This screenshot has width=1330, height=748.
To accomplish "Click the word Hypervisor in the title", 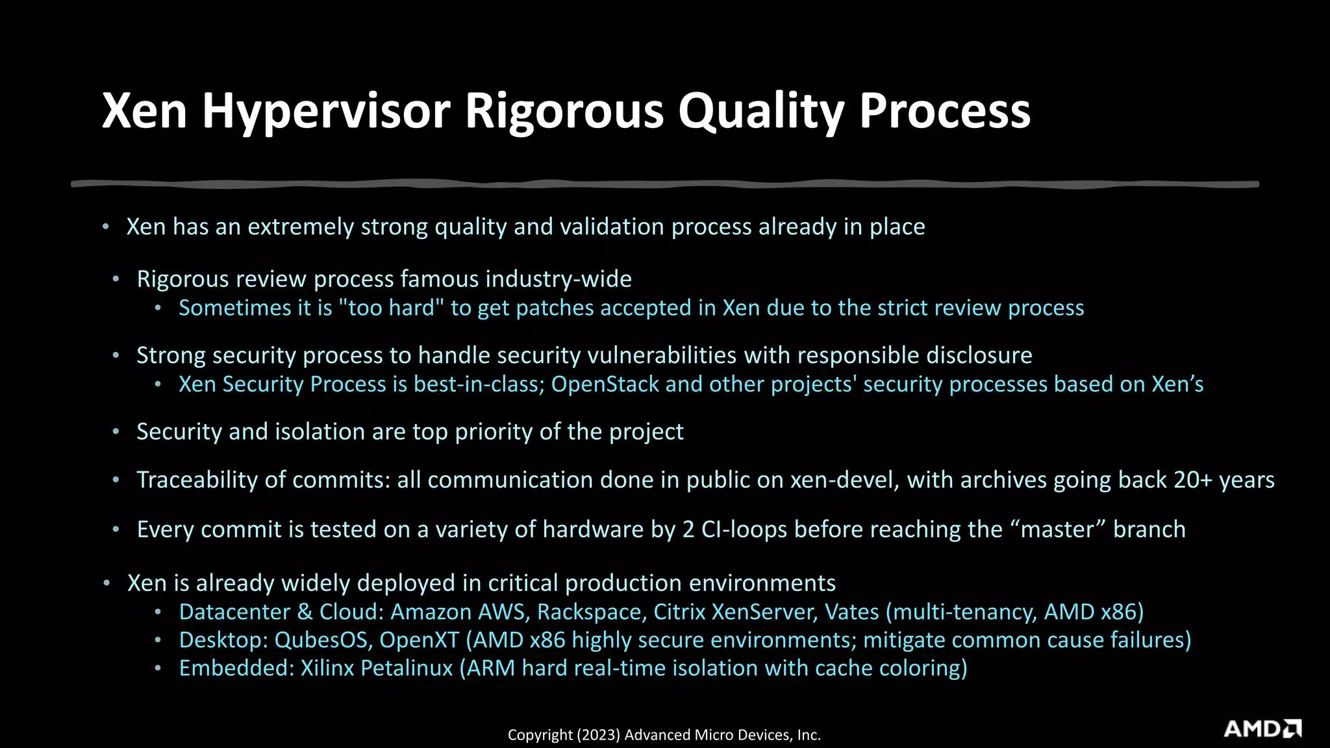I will (326, 112).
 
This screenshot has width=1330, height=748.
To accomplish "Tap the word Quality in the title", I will (760, 112).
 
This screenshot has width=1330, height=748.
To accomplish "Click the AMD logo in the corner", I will (1262, 729).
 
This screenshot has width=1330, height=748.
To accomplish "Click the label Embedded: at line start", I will (236, 667).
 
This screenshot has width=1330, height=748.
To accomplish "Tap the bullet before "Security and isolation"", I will (116, 432).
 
